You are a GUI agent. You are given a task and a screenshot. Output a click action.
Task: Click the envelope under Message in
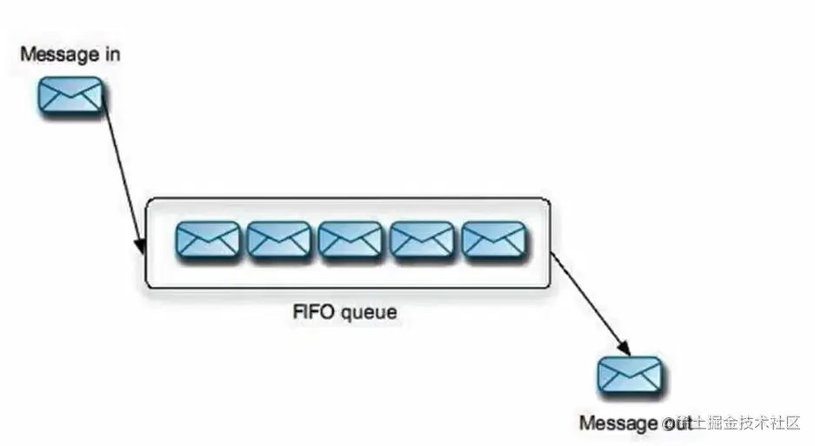pos(70,95)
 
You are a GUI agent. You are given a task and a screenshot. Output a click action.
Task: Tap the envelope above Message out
pos(629,376)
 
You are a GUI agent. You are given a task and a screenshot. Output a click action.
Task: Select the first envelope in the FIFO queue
pos(207,239)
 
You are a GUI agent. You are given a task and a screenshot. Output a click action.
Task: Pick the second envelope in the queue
pos(278,239)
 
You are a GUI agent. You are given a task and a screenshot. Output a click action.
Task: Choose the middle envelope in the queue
pos(350,239)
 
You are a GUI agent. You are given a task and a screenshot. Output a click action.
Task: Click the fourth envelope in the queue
pos(421,239)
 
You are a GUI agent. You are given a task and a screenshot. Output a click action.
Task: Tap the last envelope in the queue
pos(493,239)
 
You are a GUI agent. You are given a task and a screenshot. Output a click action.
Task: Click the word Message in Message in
pos(58,55)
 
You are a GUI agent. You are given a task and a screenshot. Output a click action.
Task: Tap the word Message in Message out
pos(618,423)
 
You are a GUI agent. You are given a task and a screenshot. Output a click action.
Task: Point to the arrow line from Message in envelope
pos(122,174)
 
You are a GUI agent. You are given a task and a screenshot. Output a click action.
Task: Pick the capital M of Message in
pos(26,55)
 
